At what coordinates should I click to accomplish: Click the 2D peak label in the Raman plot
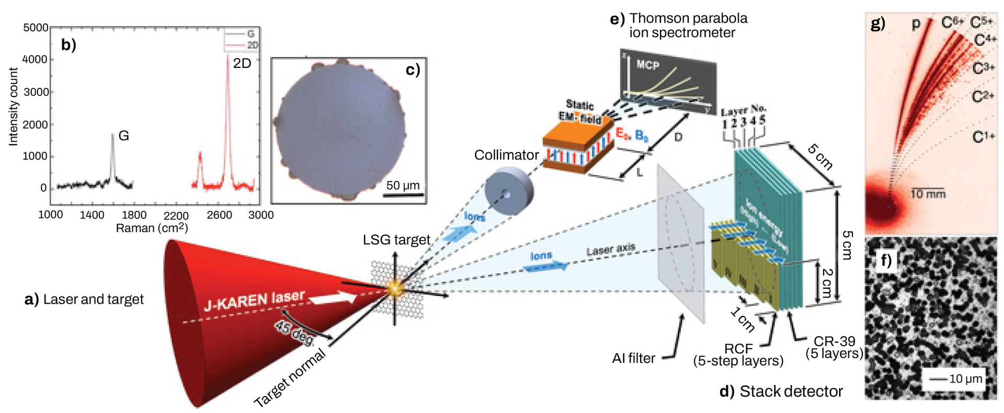coord(242,63)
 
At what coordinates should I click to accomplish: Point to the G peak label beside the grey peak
coord(123,135)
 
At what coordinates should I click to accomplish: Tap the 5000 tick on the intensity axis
coord(36,27)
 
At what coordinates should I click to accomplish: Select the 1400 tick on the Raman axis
coord(92,215)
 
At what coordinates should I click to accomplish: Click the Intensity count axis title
coord(13,107)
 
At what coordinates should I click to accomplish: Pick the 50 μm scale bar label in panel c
coord(403,185)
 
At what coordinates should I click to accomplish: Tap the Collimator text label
coord(506,155)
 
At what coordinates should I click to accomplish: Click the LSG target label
coord(396,239)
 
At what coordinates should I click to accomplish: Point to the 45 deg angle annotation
coord(293,332)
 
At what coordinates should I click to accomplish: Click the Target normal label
coord(289,378)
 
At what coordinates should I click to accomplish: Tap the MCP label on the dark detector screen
coord(648,65)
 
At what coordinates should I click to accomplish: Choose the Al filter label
coord(633,358)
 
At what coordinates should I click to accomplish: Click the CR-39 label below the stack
coord(834,341)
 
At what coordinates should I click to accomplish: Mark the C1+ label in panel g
coord(983,137)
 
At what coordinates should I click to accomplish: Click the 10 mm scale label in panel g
coord(928,194)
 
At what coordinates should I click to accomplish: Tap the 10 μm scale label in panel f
coord(965,378)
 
